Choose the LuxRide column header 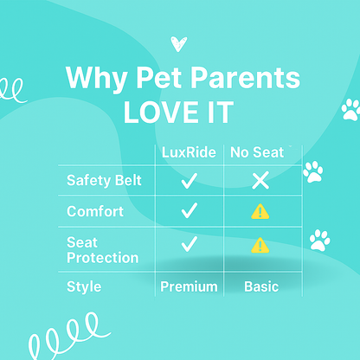pyautogui.click(x=190, y=152)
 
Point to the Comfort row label pyautogui.click(x=95, y=211)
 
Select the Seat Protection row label pyautogui.click(x=102, y=251)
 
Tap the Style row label pyautogui.click(x=83, y=286)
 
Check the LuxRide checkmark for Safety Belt pyautogui.click(x=190, y=181)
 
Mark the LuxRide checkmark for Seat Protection pyautogui.click(x=190, y=246)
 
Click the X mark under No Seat pyautogui.click(x=260, y=181)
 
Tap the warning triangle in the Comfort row pyautogui.click(x=260, y=212)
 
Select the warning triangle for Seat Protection pyautogui.click(x=260, y=247)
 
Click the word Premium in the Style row pyautogui.click(x=190, y=286)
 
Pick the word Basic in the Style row pyautogui.click(x=260, y=286)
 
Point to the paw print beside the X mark pyautogui.click(x=312, y=172)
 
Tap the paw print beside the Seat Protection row pyautogui.click(x=320, y=239)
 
